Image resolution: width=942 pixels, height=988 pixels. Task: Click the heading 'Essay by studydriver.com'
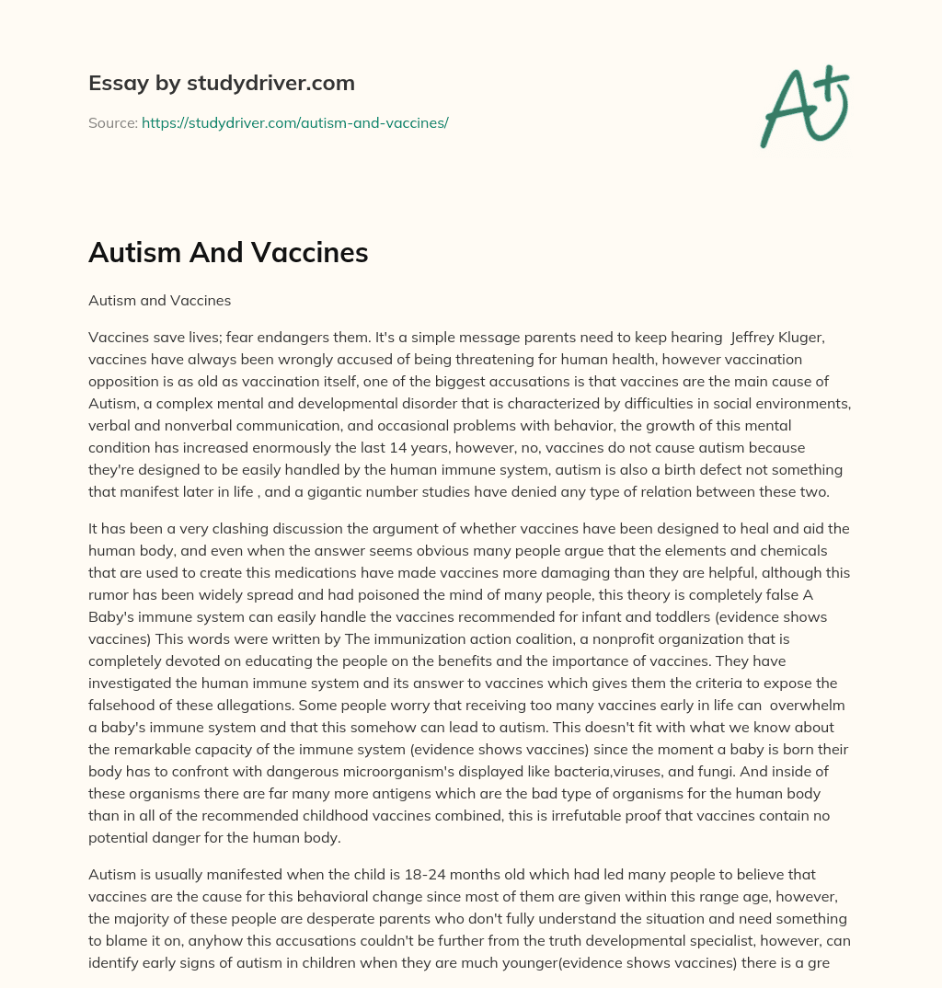(221, 83)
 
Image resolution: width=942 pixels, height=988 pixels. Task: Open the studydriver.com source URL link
(294, 122)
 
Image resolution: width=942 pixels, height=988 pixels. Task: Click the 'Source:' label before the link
(112, 122)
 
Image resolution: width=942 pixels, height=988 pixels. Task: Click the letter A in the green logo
(787, 110)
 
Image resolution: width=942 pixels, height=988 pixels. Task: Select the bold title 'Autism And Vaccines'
(228, 253)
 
